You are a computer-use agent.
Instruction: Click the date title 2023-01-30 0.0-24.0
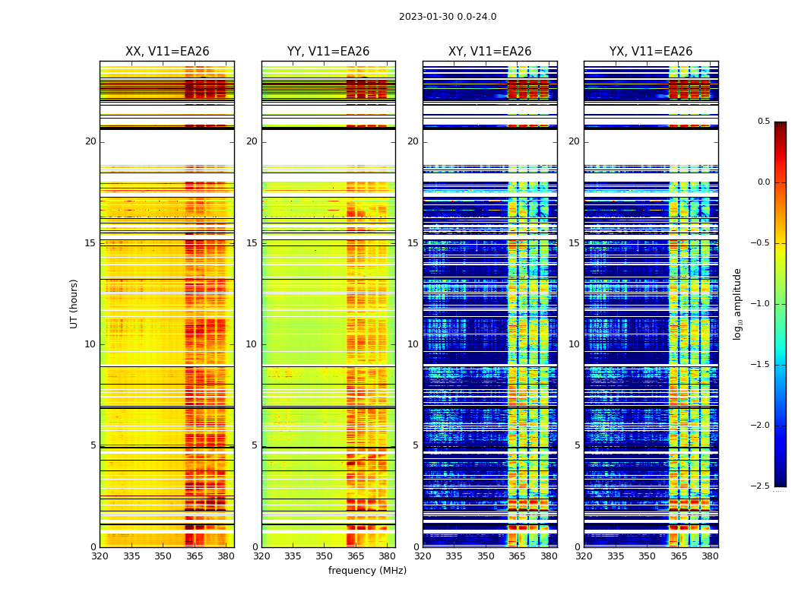pos(448,17)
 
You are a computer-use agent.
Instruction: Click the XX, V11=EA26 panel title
pos(167,52)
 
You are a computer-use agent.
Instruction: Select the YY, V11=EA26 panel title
pos(328,52)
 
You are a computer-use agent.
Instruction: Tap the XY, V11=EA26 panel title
pos(490,52)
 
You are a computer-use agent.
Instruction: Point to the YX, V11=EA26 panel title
pos(651,52)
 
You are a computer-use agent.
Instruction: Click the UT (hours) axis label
pos(74,303)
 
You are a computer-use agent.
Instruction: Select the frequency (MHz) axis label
pos(367,571)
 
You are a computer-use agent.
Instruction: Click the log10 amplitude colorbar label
pos(737,304)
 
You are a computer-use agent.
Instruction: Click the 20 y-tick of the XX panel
pos(90,141)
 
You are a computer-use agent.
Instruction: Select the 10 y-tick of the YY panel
pos(252,344)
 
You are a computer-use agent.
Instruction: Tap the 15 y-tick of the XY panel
pos(413,243)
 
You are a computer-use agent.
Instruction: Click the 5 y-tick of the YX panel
pos(577,445)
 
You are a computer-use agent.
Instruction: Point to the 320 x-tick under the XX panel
pos(100,556)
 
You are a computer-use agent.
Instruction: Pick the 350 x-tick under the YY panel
pos(325,556)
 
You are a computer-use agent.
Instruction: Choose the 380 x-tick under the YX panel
pos(710,556)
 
